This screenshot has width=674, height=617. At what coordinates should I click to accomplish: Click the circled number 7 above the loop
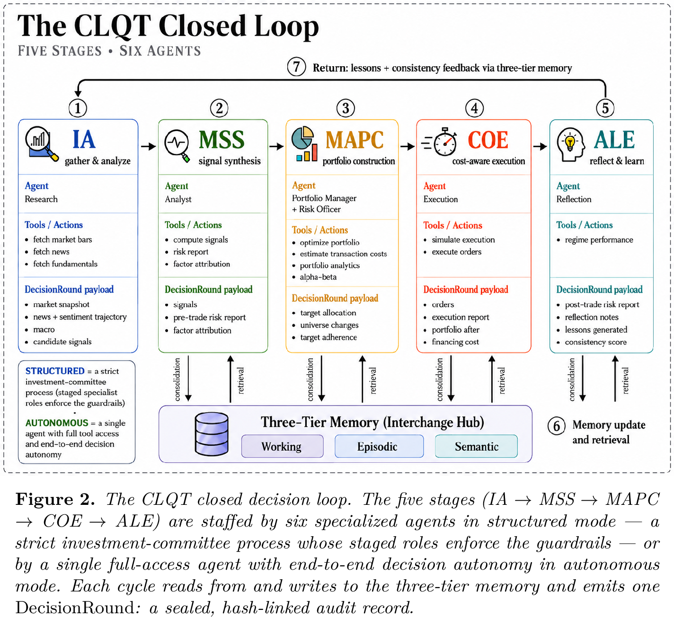[296, 67]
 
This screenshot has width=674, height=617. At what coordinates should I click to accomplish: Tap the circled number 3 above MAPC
[346, 108]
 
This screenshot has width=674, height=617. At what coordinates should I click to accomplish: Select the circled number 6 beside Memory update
[556, 426]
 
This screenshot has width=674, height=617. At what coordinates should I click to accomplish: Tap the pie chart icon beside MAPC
[304, 144]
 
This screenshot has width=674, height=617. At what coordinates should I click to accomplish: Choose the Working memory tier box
[282, 446]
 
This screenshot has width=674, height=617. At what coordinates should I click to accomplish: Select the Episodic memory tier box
[379, 446]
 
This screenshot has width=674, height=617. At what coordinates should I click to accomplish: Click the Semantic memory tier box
[476, 446]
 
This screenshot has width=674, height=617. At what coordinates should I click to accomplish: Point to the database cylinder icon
[212, 433]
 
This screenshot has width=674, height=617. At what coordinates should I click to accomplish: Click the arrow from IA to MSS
[148, 146]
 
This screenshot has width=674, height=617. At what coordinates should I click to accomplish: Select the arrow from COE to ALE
[540, 146]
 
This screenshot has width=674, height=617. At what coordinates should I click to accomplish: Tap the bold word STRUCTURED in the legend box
[55, 371]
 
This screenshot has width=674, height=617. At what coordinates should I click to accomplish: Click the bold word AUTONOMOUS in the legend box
[56, 423]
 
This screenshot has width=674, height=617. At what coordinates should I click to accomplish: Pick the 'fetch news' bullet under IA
[51, 252]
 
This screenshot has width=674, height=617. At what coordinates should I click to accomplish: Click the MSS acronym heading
[222, 140]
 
